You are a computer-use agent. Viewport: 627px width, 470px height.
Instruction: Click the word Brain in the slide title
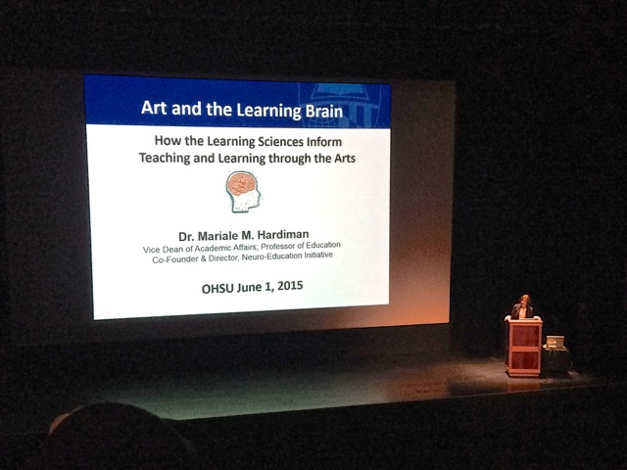(324, 111)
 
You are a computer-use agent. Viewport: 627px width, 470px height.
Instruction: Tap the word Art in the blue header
(154, 107)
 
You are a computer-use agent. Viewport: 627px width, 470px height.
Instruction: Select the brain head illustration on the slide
(244, 191)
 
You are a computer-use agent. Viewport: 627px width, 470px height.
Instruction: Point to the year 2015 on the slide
(290, 286)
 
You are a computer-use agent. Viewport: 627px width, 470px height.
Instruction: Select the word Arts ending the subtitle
(345, 159)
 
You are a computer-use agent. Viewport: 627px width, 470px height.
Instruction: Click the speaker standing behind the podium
(522, 306)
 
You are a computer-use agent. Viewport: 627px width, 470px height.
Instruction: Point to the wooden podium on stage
(523, 346)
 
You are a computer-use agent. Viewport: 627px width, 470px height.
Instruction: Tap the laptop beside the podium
(555, 342)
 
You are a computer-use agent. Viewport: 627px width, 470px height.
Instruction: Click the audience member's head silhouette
(116, 436)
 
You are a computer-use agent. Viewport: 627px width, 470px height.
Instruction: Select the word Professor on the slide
(281, 246)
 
